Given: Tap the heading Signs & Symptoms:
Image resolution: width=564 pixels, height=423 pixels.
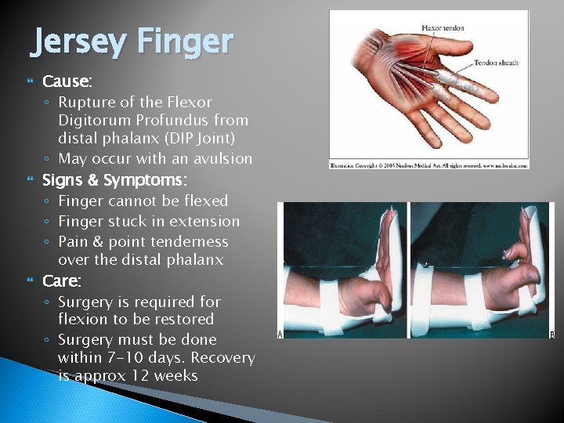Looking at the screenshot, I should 114,180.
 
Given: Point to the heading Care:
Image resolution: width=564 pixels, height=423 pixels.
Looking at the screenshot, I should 62,280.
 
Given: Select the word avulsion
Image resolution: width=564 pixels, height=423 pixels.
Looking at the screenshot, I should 222,158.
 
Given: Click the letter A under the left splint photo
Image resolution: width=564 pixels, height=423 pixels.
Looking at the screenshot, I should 281,335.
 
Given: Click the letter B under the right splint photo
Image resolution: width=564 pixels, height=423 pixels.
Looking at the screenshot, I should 551,335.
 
